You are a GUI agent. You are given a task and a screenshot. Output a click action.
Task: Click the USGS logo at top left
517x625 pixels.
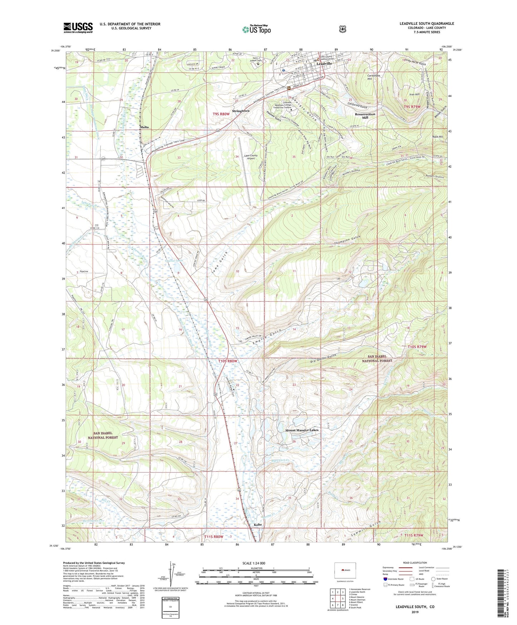(x=78, y=28)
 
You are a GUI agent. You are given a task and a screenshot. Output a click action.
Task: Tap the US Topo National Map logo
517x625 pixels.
(x=256, y=29)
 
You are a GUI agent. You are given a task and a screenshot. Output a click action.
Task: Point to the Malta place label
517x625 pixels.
(x=144, y=127)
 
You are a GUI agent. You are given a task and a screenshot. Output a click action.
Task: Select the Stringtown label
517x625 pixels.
(x=240, y=111)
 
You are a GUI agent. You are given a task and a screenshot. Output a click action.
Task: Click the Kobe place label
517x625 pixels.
(x=258, y=525)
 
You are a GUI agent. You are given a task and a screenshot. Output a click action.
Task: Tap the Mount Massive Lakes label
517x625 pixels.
(x=302, y=430)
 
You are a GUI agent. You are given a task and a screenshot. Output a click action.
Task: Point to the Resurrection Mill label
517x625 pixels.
(x=365, y=116)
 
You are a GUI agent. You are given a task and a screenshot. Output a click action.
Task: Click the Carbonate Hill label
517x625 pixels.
(x=374, y=77)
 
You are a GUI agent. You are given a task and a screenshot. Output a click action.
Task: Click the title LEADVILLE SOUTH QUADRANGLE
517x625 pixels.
(x=426, y=24)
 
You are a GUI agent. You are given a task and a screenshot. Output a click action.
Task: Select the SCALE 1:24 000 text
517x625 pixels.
(x=254, y=563)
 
